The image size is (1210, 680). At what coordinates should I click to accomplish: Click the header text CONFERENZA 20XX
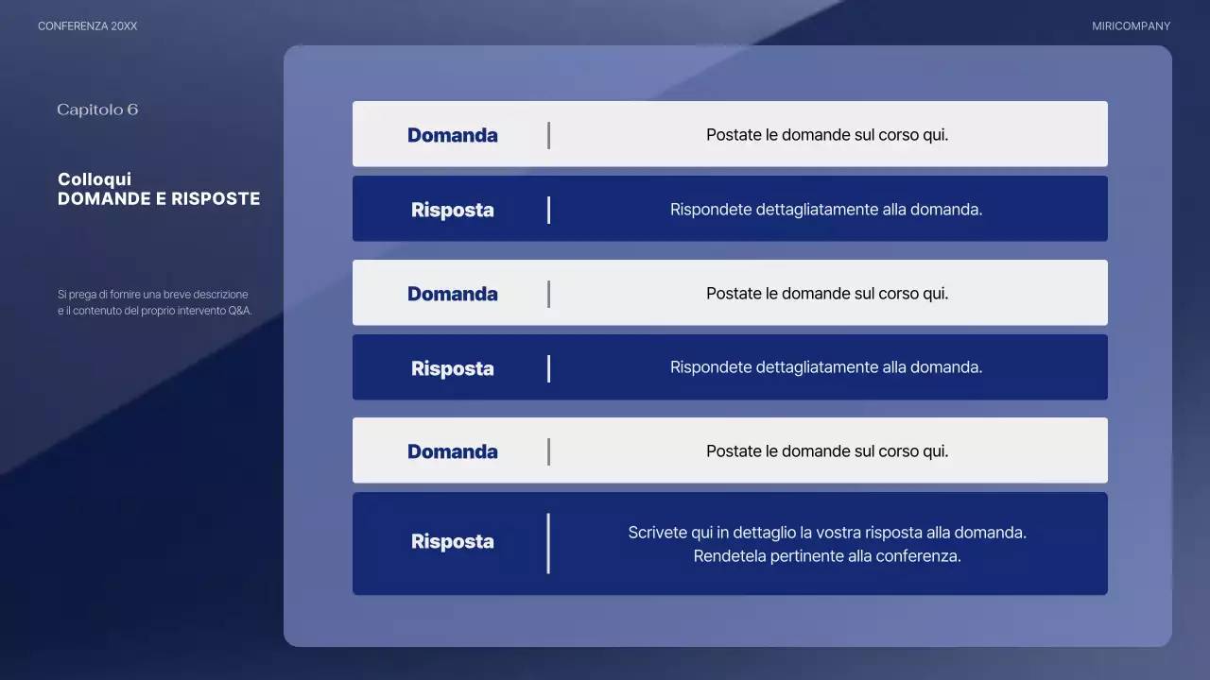point(87,26)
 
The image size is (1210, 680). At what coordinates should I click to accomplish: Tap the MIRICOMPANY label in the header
point(1131,26)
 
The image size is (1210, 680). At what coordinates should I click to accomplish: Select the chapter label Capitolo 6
point(97,110)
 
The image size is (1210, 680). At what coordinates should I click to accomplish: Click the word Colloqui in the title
point(95,179)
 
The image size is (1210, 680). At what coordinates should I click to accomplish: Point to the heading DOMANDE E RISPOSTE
point(159,199)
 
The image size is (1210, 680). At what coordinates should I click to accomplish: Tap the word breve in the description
point(178,295)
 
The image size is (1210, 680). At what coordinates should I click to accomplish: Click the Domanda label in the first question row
point(452,135)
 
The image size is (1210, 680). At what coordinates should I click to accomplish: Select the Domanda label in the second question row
point(452,294)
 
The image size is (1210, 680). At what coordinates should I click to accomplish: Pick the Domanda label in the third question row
point(452,451)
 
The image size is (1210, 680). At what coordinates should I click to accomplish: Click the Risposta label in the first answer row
point(452,210)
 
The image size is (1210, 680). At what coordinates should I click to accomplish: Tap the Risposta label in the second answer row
point(452,368)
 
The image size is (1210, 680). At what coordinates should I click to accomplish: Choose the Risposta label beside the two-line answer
point(452,541)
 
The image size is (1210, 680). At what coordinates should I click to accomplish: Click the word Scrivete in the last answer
point(658,533)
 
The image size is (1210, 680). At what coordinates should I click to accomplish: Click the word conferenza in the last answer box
point(918,556)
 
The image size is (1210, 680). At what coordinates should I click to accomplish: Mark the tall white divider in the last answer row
point(548,543)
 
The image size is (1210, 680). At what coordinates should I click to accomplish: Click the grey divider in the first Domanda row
point(548,135)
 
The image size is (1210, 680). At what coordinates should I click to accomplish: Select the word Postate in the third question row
point(734,451)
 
